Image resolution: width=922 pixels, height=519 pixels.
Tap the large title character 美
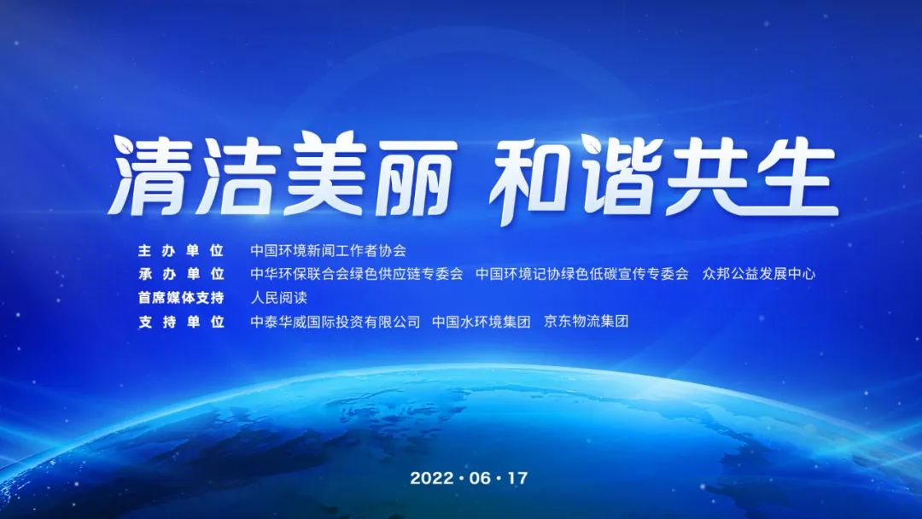click(327, 174)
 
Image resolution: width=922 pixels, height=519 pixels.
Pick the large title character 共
click(708, 175)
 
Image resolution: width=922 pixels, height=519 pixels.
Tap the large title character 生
click(795, 175)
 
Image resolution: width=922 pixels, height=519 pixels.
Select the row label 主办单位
click(180, 251)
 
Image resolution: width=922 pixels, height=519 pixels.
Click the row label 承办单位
click(180, 274)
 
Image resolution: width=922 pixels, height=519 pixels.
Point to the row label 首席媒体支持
click(180, 298)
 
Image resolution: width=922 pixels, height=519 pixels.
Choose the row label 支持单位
click(180, 322)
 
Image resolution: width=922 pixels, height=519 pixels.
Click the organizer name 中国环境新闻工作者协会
click(328, 251)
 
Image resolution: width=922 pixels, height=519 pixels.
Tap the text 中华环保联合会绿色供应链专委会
click(357, 274)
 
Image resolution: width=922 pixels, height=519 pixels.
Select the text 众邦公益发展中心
click(759, 274)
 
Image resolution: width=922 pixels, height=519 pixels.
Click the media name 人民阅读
click(278, 298)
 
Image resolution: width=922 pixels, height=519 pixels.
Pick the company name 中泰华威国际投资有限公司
click(336, 322)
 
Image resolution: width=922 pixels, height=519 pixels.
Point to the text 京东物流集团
click(586, 322)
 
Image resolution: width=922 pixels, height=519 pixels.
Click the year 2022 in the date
click(431, 478)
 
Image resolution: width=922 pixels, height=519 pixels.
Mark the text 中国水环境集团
click(481, 322)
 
